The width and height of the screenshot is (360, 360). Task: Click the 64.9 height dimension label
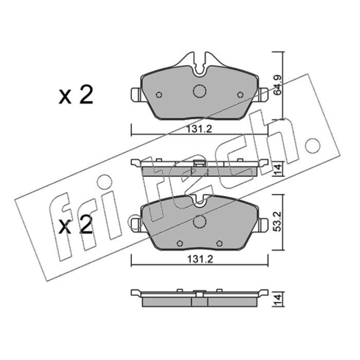[x=278, y=85]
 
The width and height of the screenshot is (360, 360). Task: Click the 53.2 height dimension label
[x=278, y=222]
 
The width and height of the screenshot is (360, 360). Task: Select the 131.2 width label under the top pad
[x=199, y=130]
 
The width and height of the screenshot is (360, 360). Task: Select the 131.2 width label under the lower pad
[x=200, y=260]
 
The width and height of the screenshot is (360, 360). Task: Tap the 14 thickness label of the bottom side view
[x=278, y=299]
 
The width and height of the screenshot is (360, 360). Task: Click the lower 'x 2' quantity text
[x=76, y=224]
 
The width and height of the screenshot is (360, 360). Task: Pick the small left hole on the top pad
[x=159, y=94]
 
